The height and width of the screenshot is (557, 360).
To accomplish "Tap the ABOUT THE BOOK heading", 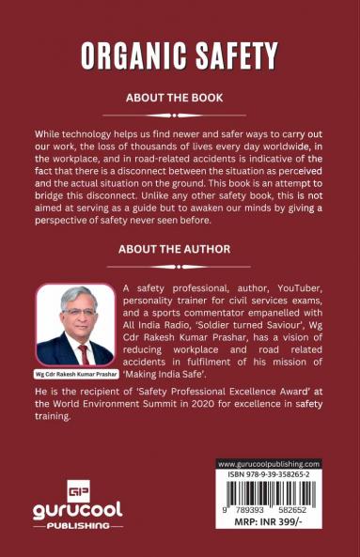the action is [x=180, y=97].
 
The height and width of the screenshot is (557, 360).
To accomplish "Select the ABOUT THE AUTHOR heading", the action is [x=180, y=250].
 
